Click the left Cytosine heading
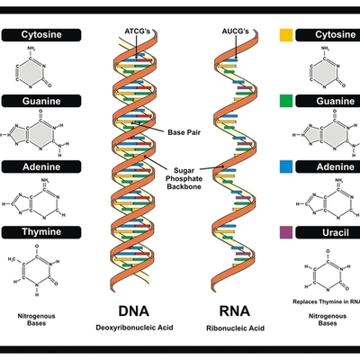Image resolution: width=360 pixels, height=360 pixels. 44,35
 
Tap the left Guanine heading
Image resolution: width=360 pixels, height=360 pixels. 44,102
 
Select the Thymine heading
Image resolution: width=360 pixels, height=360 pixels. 44,233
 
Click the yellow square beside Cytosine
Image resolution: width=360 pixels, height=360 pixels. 285,35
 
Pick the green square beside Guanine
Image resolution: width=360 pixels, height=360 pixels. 285,102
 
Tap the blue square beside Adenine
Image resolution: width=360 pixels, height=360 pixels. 285,167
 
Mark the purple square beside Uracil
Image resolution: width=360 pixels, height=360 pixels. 285,233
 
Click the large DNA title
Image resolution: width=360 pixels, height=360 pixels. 133,310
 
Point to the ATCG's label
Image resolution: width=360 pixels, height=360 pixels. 140,31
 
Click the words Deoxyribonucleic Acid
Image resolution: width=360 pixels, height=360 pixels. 133,330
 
